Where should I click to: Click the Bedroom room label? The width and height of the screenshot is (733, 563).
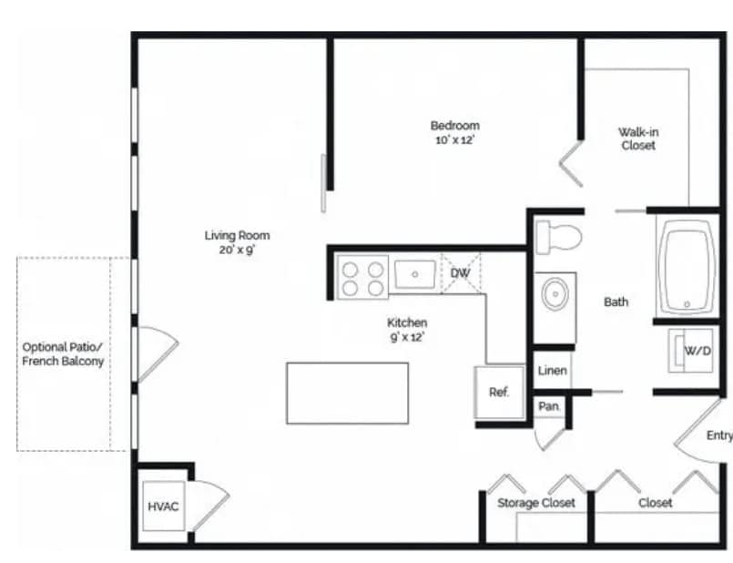[x=454, y=126]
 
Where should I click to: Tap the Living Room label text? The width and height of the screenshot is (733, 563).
[x=237, y=236]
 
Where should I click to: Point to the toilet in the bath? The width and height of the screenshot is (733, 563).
[x=557, y=237]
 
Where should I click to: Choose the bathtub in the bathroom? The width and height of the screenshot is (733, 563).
[x=687, y=269]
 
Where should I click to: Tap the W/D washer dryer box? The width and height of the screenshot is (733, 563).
[x=696, y=351]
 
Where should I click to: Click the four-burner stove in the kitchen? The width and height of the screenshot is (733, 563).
[x=361, y=277]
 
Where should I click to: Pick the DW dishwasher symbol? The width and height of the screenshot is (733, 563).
[x=460, y=272]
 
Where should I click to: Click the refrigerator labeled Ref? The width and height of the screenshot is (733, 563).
[x=499, y=393]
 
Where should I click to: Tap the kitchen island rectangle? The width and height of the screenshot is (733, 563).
[x=347, y=393]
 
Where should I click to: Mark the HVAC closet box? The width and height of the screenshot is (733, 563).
[x=163, y=507]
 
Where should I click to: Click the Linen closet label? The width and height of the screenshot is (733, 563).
[x=553, y=371]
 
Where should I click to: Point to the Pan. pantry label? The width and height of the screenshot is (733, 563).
[x=549, y=406]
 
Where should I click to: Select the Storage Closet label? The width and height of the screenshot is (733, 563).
[x=535, y=503]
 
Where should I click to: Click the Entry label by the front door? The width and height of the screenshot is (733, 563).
[x=718, y=435]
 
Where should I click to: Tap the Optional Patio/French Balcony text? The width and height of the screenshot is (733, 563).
[x=64, y=353]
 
